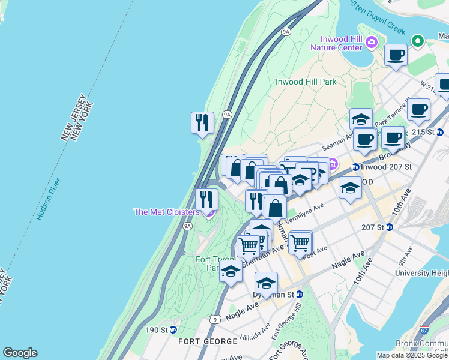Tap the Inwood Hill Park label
(x=306, y=82)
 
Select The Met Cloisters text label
(x=166, y=212)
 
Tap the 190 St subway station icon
(x=173, y=329)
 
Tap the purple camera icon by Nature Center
(x=372, y=41)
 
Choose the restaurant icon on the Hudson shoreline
(x=202, y=123)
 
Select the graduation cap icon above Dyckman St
(x=266, y=283)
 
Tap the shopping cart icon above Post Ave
(x=300, y=242)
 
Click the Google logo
(x=20, y=353)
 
